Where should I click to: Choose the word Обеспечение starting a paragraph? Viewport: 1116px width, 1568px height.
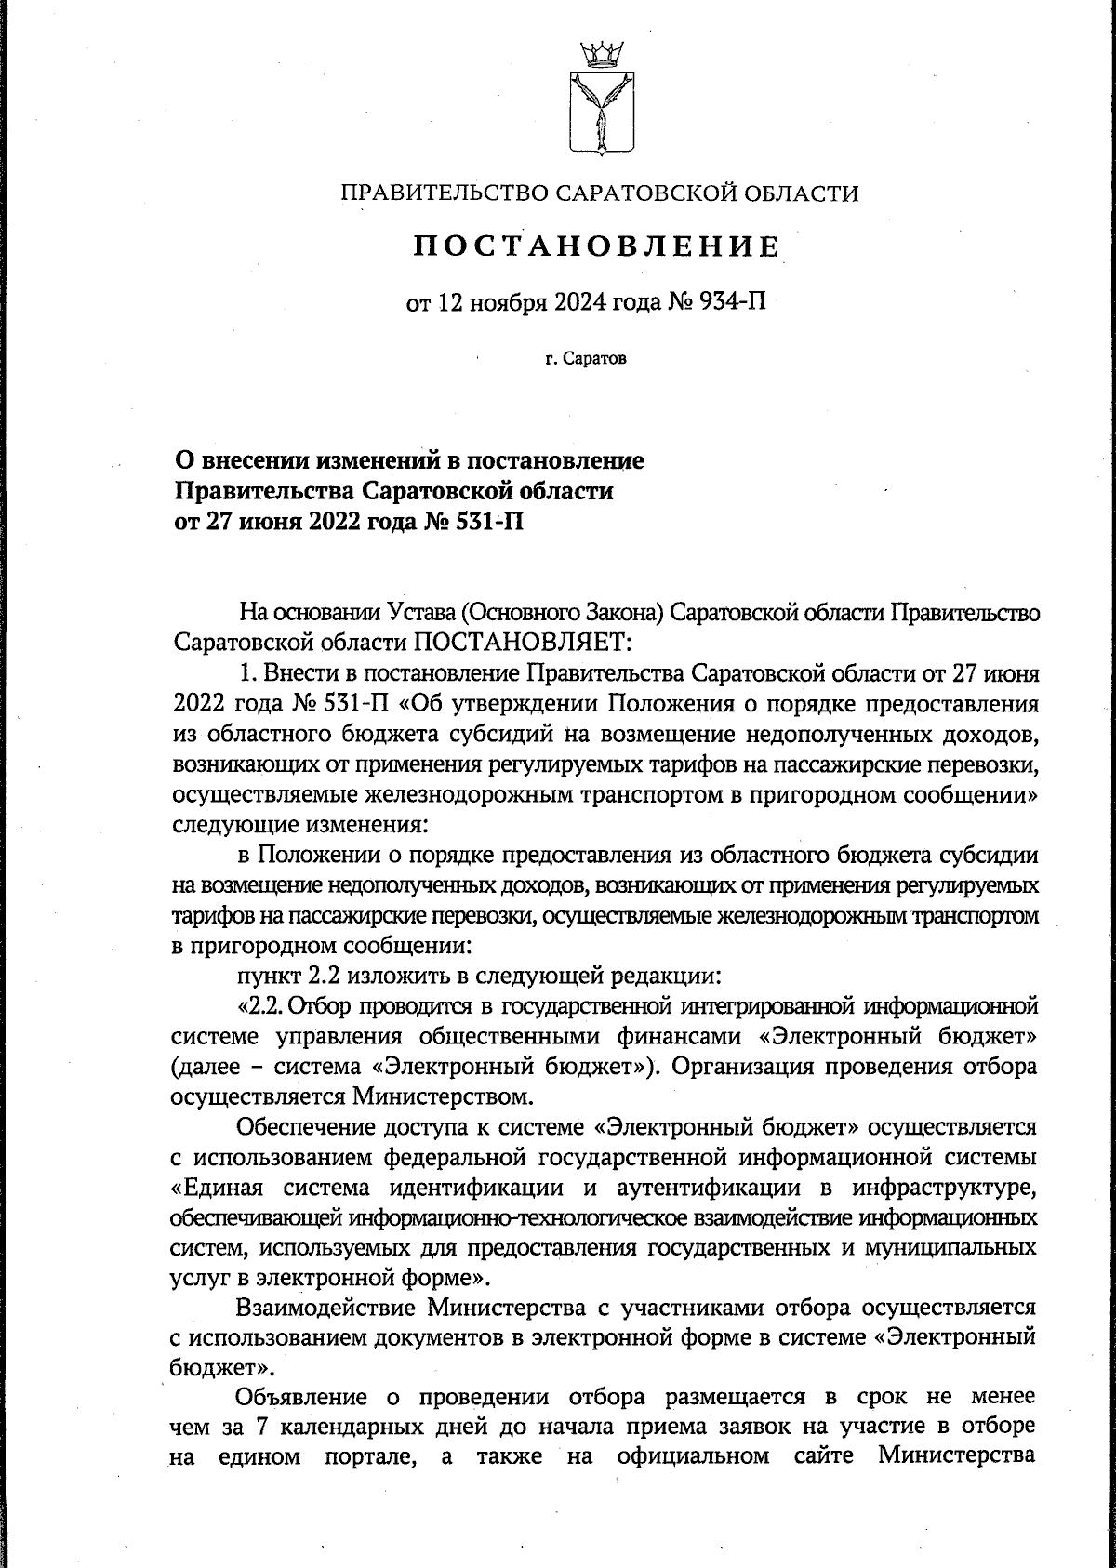point(306,1128)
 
